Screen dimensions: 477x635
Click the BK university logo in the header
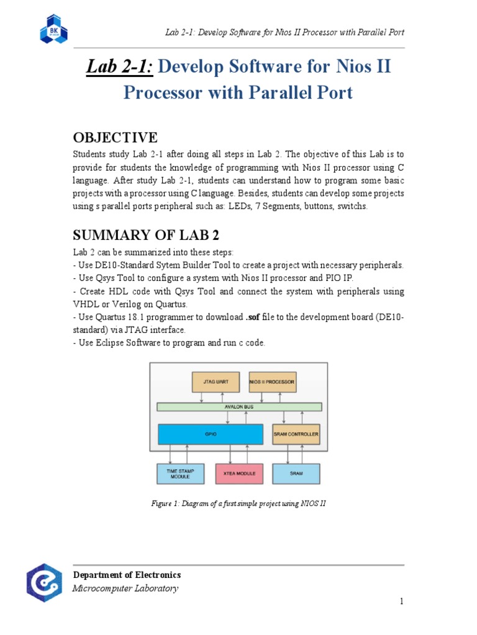tap(54, 29)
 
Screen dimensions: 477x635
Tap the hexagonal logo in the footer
tap(44, 582)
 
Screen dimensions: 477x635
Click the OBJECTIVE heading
tap(115, 138)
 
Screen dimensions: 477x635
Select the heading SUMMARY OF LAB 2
tap(146, 235)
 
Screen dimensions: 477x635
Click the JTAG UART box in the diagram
tap(216, 382)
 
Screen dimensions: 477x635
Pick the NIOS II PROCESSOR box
tap(273, 382)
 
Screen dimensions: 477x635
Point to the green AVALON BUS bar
tap(239, 407)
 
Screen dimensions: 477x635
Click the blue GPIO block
tap(211, 434)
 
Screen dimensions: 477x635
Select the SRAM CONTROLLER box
tap(296, 434)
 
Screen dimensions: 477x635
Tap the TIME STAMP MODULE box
tap(181, 474)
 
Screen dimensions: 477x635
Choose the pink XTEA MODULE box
tap(239, 474)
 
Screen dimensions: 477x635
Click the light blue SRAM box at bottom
tap(296, 474)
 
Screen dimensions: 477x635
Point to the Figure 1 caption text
tap(238, 504)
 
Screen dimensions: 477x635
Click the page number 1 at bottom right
tap(402, 601)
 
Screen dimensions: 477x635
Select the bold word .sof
tap(253, 317)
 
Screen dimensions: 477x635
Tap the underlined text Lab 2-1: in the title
tap(120, 67)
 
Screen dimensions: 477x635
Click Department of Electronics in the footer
tap(127, 575)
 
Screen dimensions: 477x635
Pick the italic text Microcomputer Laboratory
tap(125, 588)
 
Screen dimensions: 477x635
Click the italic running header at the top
tap(284, 32)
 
